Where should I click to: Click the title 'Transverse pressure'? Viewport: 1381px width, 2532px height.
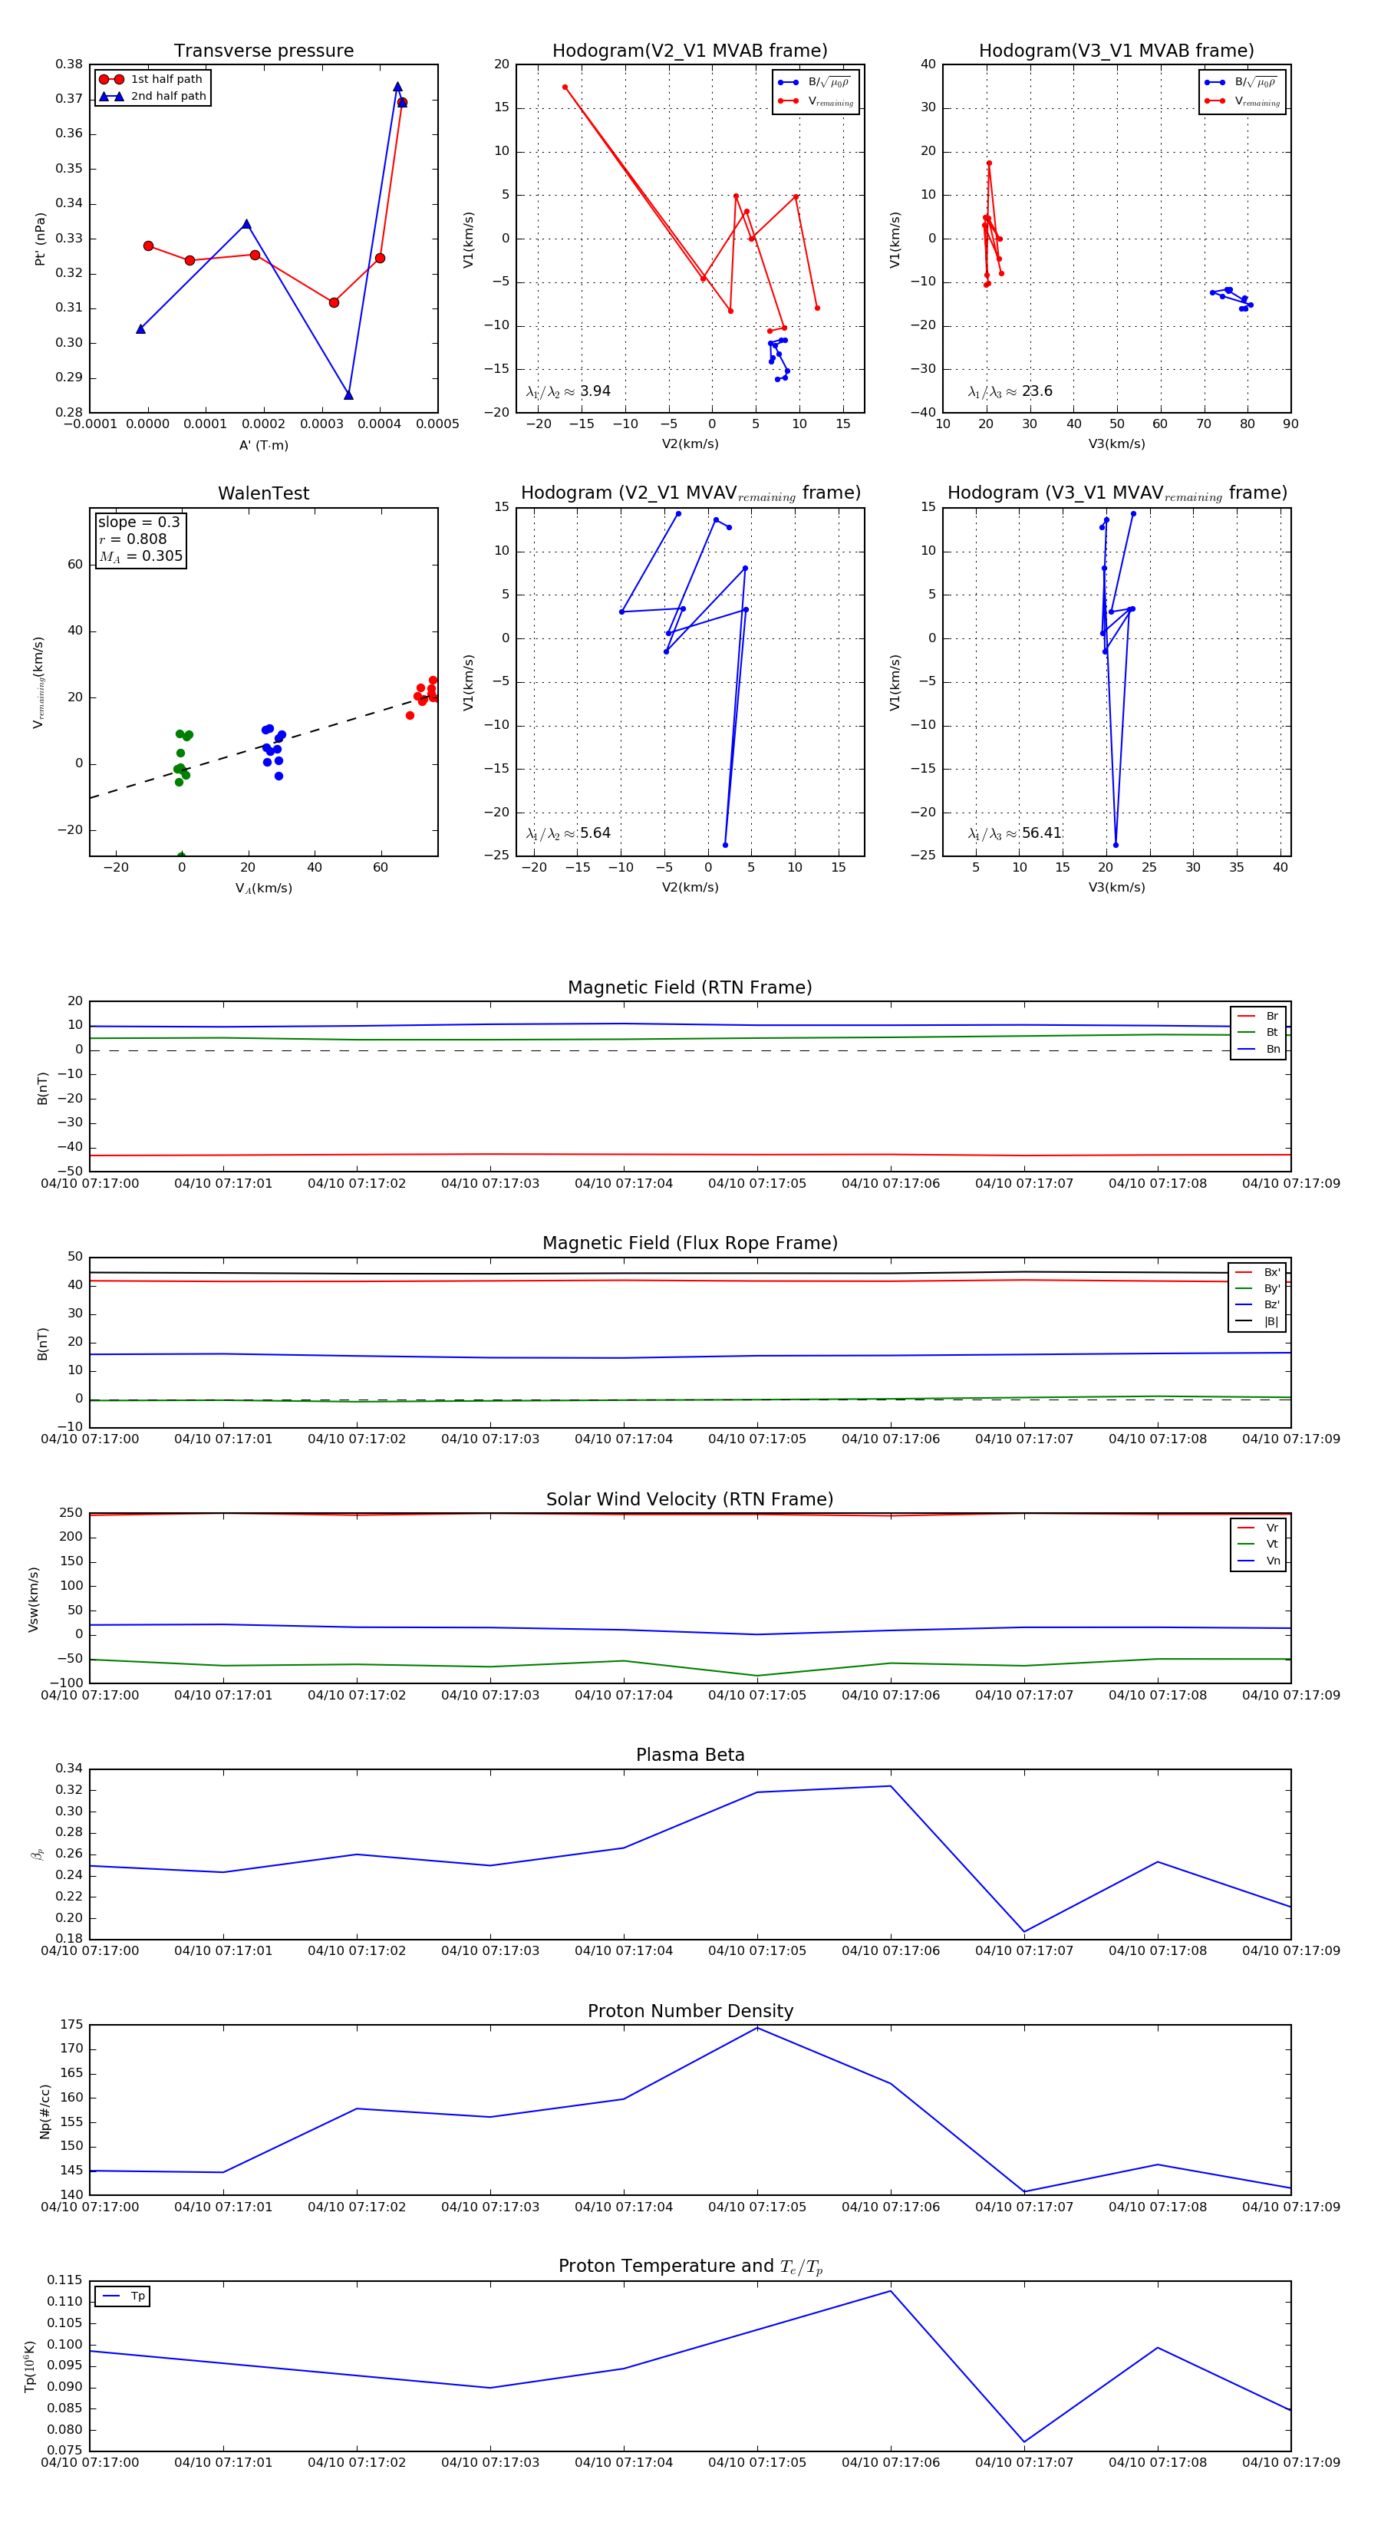[x=263, y=51]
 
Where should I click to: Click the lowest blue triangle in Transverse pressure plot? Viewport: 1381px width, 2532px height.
[x=349, y=395]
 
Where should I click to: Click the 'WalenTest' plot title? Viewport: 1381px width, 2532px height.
[x=263, y=493]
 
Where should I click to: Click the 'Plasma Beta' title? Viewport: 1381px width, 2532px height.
[x=690, y=1756]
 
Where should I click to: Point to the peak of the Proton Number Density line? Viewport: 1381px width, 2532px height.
[x=756, y=2028]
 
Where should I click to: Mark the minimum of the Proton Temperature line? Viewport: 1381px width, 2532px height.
[x=1024, y=2441]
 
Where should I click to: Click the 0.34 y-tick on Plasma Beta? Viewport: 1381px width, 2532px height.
[x=70, y=1769]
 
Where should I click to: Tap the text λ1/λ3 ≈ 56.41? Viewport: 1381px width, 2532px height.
[x=1014, y=833]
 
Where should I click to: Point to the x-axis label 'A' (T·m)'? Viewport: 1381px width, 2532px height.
[x=263, y=445]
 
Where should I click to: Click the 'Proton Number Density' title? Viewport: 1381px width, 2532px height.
[x=690, y=2011]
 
